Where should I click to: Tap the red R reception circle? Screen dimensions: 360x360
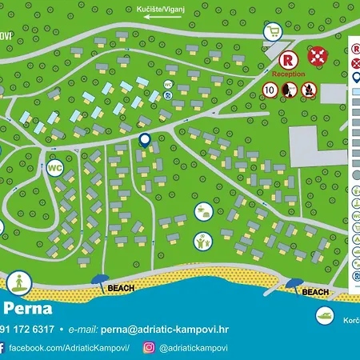pyautogui.click(x=289, y=58)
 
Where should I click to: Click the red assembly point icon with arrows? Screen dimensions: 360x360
pyautogui.click(x=317, y=56)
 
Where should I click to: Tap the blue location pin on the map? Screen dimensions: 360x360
pyautogui.click(x=145, y=140)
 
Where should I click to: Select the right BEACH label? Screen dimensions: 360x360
pyautogui.click(x=316, y=293)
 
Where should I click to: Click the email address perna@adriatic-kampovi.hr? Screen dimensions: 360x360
pyautogui.click(x=160, y=329)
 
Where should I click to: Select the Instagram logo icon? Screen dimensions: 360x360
pyautogui.click(x=149, y=348)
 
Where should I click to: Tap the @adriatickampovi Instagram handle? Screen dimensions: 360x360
pyautogui.click(x=194, y=348)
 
